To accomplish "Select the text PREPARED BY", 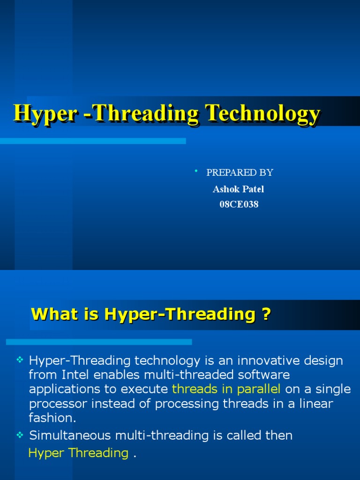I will point(240,172).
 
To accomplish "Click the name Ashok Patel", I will point(239,189).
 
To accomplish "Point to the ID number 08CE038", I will point(239,204).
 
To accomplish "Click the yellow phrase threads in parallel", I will point(226,389).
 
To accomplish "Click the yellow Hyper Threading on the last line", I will point(78,453).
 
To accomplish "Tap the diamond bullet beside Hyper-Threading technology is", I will point(20,360).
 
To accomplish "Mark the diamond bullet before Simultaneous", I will point(20,435).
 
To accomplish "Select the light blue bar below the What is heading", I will point(99,342).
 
